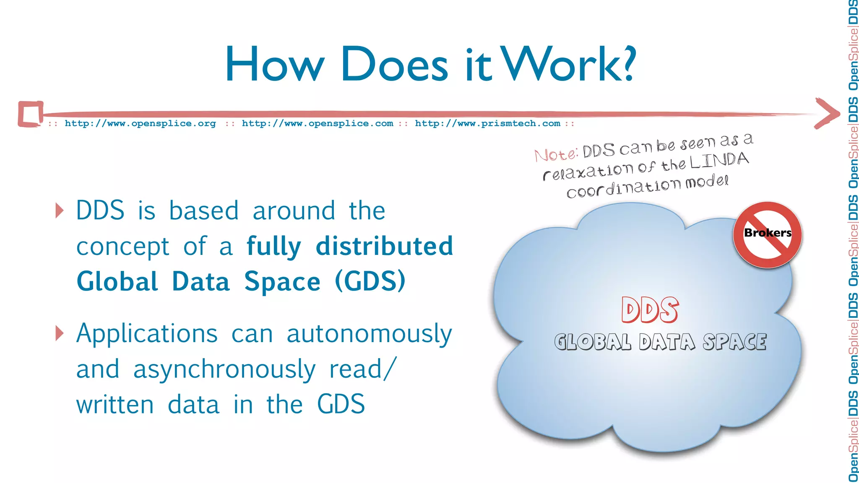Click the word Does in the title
point(394,65)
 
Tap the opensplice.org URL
point(140,123)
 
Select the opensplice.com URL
point(318,123)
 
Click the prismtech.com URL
point(487,123)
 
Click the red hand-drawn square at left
point(30,114)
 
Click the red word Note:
point(556,154)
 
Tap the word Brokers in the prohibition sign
point(767,233)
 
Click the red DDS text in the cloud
point(650,310)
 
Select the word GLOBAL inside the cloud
point(592,342)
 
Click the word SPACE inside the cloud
point(734,342)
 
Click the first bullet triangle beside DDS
point(60,210)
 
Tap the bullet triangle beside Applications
point(60,334)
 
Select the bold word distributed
point(384,246)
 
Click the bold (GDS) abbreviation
point(370,281)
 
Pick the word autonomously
point(369,335)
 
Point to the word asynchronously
point(224,370)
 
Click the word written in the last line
point(115,405)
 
